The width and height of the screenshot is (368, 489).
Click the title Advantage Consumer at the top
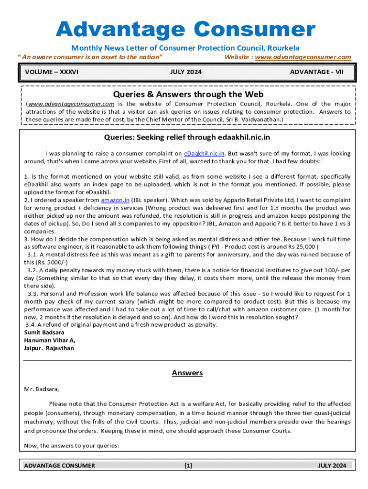click(x=185, y=30)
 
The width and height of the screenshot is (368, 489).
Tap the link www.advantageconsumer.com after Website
click(x=303, y=57)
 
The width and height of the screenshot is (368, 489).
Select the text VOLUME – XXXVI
click(x=52, y=72)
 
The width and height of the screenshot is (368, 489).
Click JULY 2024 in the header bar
click(x=186, y=72)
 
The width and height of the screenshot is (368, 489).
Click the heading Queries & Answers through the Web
click(x=188, y=94)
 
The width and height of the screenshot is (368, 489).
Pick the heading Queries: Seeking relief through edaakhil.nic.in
click(x=187, y=138)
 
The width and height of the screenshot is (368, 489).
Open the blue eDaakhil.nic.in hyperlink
click(x=205, y=154)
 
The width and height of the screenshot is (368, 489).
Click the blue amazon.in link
click(x=115, y=200)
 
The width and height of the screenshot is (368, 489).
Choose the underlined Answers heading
click(x=187, y=373)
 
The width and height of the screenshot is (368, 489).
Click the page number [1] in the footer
click(x=188, y=466)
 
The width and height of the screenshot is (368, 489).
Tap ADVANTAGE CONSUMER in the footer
click(x=59, y=466)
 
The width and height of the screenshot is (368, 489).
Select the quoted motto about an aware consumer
click(x=90, y=57)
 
